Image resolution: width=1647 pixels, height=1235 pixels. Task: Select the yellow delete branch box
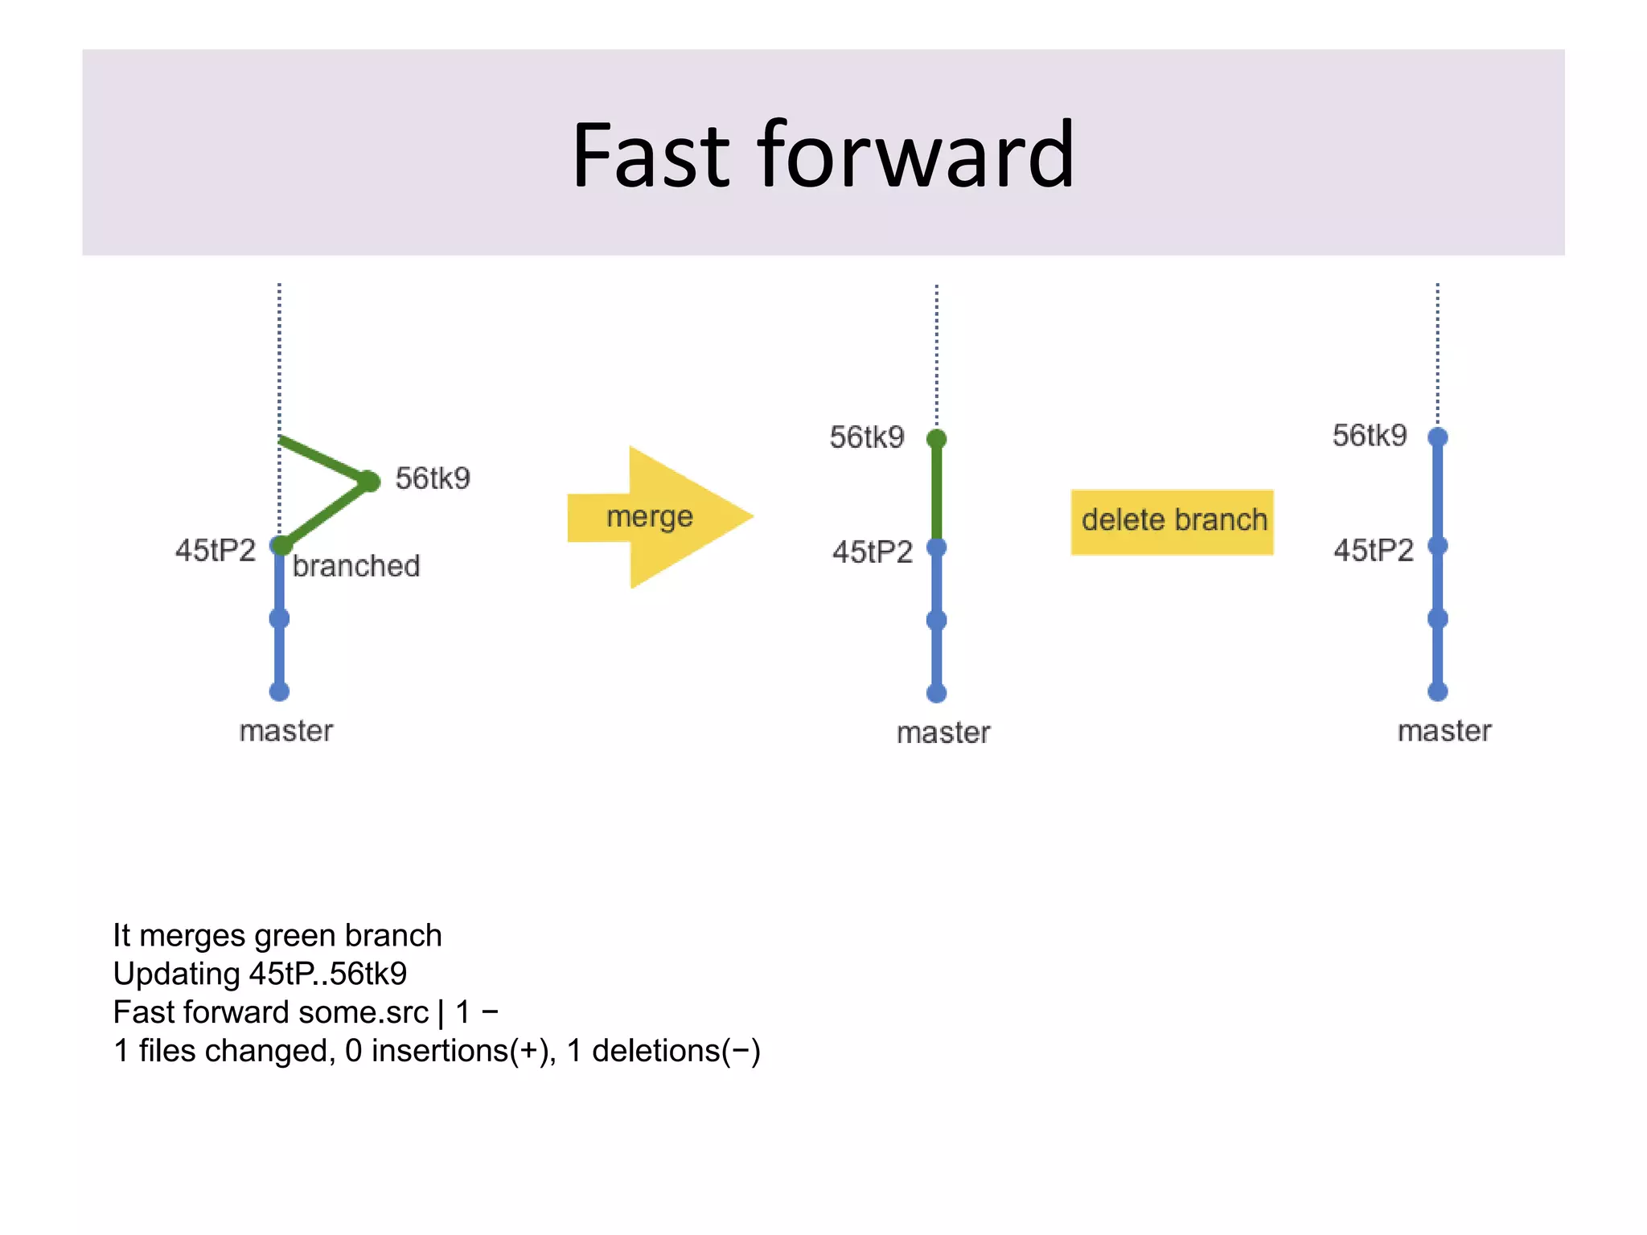tap(1172, 521)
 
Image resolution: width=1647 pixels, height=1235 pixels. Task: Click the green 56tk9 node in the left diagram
tap(369, 481)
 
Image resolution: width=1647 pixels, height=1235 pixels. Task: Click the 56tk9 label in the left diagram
tap(433, 478)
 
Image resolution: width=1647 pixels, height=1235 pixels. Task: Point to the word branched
tap(355, 566)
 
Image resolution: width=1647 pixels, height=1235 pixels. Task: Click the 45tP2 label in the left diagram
tap(216, 551)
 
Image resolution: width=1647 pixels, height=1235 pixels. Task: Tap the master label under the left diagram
tap(285, 731)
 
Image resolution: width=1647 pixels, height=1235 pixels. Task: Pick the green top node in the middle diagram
tap(936, 439)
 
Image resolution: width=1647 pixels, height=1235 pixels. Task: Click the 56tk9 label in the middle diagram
tap(867, 437)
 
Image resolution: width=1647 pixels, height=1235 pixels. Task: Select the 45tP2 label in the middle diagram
tap(873, 552)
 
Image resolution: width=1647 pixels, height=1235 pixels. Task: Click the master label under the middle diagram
tap(943, 732)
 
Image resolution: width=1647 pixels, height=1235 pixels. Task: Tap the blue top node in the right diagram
tap(1438, 437)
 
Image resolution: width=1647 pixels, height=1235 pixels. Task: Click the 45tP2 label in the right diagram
tap(1374, 551)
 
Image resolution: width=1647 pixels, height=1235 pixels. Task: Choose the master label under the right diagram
tap(1444, 731)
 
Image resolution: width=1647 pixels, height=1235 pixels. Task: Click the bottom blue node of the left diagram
tap(279, 691)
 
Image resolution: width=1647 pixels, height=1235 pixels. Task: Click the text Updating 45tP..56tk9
tap(260, 974)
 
